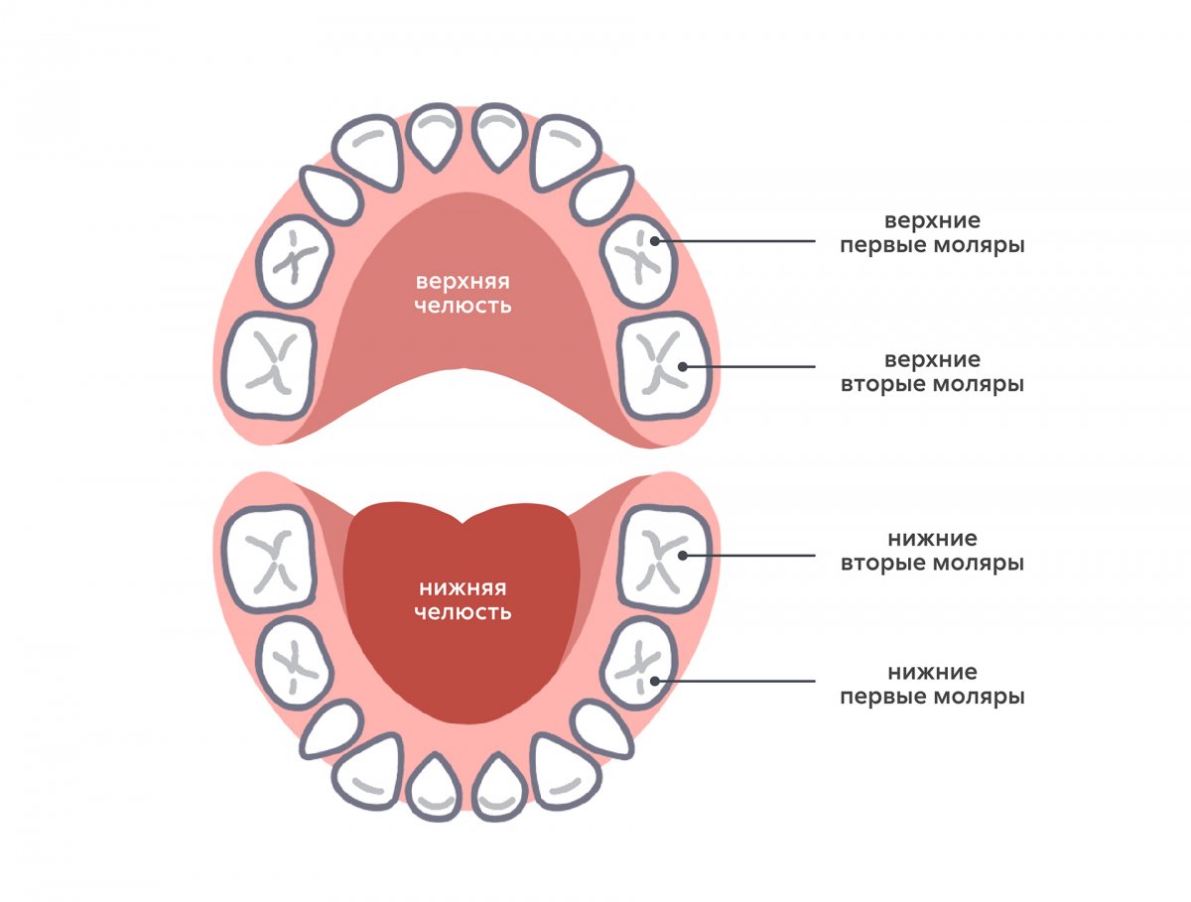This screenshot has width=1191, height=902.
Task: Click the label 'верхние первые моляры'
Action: point(931,231)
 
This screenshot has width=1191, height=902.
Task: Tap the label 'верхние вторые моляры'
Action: point(931,371)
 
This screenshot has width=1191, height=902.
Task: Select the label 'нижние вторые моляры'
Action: point(931,551)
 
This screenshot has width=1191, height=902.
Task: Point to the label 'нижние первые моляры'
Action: point(931,685)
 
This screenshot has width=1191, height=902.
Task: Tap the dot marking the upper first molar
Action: point(656,241)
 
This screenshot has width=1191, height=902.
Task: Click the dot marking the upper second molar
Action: point(682,367)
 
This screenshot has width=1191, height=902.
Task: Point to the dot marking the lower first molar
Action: point(656,681)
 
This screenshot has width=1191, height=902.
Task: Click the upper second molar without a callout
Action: point(269,364)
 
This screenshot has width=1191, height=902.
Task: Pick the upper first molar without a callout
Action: point(293,261)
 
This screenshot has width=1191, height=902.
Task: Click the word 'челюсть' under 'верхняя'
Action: point(463,306)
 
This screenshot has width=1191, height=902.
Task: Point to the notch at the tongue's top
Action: point(463,523)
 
